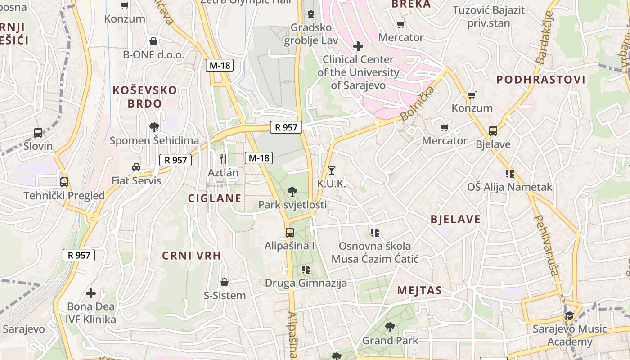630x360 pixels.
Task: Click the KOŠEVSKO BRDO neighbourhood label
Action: tap(144, 97)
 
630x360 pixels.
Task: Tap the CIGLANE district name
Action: tap(215, 198)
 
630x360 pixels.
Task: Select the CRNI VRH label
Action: tap(192, 256)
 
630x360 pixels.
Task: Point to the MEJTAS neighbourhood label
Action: tap(419, 291)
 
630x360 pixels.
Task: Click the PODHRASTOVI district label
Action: tap(541, 80)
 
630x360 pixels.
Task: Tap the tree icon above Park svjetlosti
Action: tap(292, 192)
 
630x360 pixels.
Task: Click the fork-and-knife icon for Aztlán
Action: tap(223, 158)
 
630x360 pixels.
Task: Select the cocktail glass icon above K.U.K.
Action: tap(332, 170)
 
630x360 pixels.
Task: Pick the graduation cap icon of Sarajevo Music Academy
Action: tap(570, 315)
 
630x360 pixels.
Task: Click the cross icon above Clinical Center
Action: tap(358, 46)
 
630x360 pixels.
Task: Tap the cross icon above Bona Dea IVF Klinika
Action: tap(91, 293)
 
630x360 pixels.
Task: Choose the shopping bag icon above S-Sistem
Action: tap(225, 282)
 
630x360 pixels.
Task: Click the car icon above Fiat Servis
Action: tap(136, 167)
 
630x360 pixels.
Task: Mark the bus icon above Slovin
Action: tap(38, 133)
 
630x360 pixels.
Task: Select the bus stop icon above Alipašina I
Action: tap(290, 233)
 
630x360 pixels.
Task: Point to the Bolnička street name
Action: tap(418, 103)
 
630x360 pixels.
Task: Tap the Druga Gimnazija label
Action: tap(306, 283)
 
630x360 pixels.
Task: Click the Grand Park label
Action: tap(390, 341)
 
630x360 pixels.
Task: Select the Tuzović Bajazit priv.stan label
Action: tap(489, 17)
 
